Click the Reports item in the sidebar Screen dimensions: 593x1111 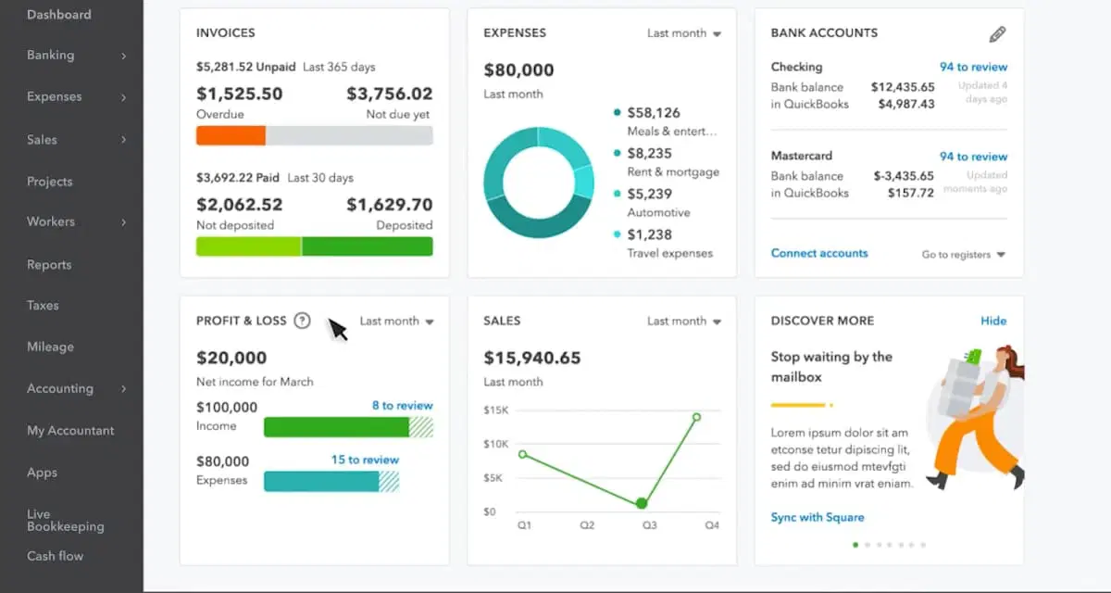[49, 265]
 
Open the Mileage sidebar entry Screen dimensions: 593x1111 [50, 347]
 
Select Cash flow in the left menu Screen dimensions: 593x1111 [55, 556]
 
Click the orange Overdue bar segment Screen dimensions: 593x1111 [231, 135]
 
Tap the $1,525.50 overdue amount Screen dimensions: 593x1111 [239, 94]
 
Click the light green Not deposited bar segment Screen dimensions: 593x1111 [248, 246]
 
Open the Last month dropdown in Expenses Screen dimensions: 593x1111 [683, 33]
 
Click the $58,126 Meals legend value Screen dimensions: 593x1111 [653, 113]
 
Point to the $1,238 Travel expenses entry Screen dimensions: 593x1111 [649, 235]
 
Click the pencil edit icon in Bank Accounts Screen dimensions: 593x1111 [997, 34]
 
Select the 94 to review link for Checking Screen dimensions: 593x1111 [973, 67]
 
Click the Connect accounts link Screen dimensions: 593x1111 [819, 253]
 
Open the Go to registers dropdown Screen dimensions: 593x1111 [963, 255]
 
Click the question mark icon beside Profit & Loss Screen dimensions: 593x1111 [302, 321]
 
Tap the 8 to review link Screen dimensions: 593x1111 [402, 406]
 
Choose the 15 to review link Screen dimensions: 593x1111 [365, 460]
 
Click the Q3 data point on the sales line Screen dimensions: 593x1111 [642, 503]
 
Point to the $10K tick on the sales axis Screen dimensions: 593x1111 [496, 445]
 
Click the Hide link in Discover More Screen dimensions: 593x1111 [993, 321]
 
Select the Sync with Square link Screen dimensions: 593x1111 [818, 517]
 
